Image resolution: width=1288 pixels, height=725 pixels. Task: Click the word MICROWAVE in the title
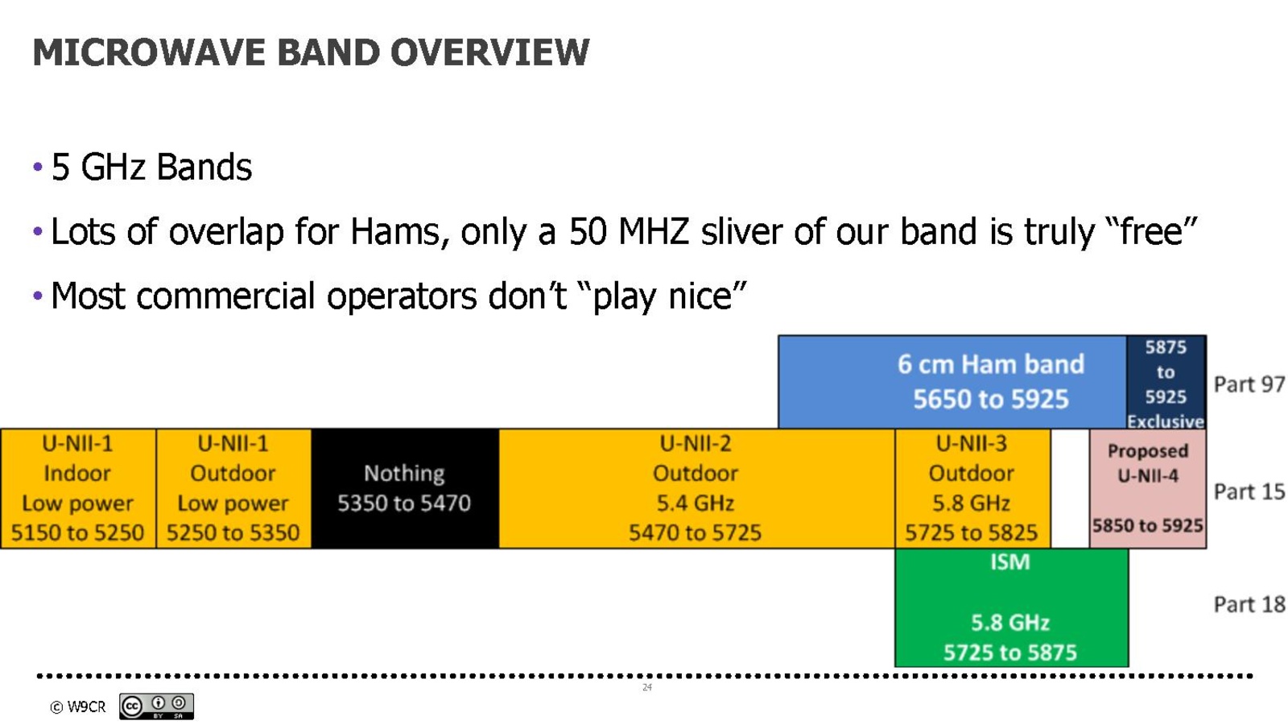click(148, 52)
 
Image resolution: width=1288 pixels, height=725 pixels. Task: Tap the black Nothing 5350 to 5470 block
click(405, 488)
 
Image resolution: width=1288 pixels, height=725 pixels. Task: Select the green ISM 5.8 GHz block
click(1011, 607)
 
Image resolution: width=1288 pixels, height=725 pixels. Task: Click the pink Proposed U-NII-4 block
click(1148, 488)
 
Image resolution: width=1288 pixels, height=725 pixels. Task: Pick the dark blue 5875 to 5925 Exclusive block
click(1166, 383)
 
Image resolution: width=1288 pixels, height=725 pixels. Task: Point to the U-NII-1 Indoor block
click(77, 488)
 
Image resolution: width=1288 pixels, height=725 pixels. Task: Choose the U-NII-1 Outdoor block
click(233, 488)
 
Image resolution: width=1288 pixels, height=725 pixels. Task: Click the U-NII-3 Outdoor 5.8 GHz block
click(972, 488)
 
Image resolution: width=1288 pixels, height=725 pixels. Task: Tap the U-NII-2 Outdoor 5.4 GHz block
click(696, 488)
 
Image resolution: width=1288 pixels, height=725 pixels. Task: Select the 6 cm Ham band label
click(991, 364)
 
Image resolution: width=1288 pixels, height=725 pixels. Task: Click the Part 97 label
click(1249, 384)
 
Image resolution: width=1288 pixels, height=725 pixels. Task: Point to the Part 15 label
click(1249, 492)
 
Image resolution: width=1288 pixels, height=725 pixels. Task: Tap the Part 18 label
click(1249, 605)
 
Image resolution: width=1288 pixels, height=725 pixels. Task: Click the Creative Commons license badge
click(156, 706)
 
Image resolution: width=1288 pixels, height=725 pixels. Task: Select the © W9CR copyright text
click(77, 706)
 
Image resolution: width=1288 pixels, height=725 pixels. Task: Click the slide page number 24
click(647, 688)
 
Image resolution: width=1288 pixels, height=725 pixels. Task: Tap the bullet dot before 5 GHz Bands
click(38, 168)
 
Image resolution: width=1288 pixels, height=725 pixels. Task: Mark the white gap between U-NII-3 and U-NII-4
click(1070, 488)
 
